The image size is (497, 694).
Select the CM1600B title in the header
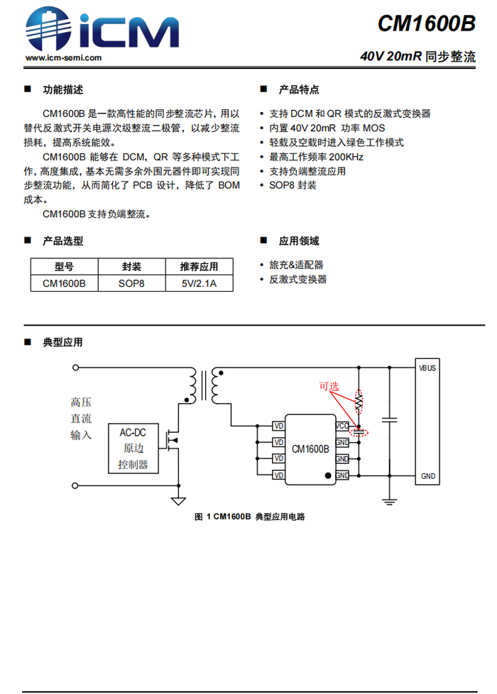point(426,23)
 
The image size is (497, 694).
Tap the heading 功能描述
point(63,89)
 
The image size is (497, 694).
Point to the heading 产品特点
point(299,89)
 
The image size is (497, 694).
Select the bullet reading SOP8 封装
point(293,185)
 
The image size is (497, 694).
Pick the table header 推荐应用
point(199,267)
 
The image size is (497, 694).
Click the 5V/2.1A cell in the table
point(199,283)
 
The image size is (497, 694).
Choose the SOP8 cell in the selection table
point(131,283)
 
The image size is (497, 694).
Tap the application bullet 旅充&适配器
point(296,265)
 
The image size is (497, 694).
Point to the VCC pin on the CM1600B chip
point(342,426)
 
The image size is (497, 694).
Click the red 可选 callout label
point(329,387)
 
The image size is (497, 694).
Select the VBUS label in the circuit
point(427,368)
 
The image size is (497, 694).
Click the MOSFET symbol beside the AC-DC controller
point(171,440)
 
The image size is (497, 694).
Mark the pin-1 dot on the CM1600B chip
point(327,475)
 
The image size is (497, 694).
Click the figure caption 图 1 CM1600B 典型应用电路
point(249,517)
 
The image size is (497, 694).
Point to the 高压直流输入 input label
point(81,419)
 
